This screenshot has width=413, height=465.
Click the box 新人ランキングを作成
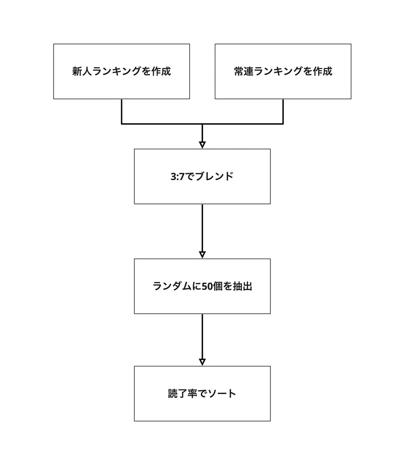(121, 71)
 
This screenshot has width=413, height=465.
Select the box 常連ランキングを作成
(283, 71)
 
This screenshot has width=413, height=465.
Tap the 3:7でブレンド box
(202, 176)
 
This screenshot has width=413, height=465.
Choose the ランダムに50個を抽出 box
(202, 286)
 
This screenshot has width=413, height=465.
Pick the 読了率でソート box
(202, 393)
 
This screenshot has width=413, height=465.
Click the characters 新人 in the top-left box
(82, 71)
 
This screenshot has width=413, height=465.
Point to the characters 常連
(244, 71)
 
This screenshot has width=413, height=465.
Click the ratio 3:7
(178, 177)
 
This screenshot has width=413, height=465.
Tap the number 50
(207, 286)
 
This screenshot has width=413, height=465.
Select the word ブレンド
(214, 176)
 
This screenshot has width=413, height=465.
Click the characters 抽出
(243, 286)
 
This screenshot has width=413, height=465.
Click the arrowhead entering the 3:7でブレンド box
(202, 145)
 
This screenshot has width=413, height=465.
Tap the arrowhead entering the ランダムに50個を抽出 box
(202, 255)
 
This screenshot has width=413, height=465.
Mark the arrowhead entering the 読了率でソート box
(202, 362)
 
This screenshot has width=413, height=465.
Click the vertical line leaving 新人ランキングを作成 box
(121, 112)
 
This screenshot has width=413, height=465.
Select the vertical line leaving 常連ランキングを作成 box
(283, 112)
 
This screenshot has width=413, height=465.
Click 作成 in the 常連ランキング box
(322, 71)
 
